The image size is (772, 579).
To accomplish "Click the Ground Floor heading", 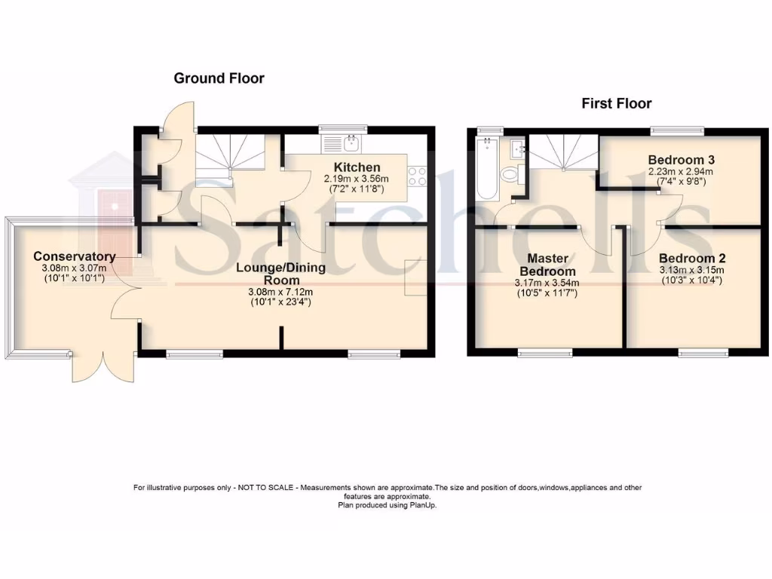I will coord(219,78).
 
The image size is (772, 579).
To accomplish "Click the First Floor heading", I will coord(616,103).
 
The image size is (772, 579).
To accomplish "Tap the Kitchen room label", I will coord(357,167).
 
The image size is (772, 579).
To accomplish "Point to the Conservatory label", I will coord(74,256).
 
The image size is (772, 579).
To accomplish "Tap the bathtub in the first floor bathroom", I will coord(487,169).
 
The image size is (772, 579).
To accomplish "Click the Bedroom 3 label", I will coord(681,160).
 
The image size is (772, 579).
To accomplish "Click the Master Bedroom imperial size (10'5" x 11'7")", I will coord(547,294).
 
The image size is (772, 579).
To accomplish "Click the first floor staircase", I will coord(563,155).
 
